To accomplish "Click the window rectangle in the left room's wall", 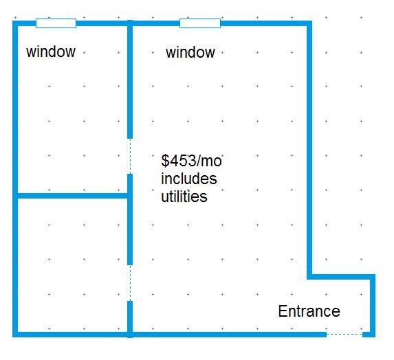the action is (56, 23).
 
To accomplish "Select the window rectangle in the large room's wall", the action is (200, 23).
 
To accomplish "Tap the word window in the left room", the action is (51, 52).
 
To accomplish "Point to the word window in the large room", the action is (190, 52).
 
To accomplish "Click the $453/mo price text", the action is (191, 161).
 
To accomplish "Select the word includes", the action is (189, 179).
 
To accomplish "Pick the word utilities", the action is (184, 196).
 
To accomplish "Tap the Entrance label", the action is (309, 311).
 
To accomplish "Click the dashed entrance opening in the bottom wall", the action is (344, 334).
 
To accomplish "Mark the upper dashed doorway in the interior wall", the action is (130, 156).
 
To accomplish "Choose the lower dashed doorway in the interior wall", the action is (130, 283).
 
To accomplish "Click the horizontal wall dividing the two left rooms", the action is (73, 196).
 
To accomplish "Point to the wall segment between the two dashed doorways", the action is (130, 219).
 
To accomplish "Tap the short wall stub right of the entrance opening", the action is (369, 335).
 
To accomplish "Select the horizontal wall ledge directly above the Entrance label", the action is (341, 277).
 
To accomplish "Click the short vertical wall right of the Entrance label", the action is (373, 306).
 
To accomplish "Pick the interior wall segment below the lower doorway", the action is (130, 319).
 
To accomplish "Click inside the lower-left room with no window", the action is (73, 265).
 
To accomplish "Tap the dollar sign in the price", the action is (165, 161).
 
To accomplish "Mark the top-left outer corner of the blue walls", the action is (12, 21).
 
